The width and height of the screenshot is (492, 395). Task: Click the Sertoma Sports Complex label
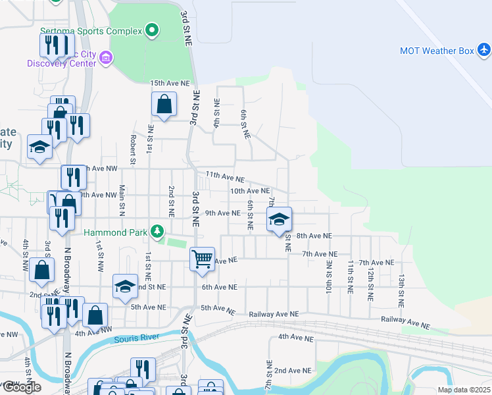click(91, 31)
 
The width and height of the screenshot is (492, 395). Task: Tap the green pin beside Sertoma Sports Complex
click(153, 30)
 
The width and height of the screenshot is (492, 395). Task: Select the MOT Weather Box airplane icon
click(484, 49)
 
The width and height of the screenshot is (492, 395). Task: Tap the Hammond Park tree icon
click(157, 231)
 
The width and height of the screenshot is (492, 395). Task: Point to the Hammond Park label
click(116, 232)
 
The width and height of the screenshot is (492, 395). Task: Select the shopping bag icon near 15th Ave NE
click(164, 104)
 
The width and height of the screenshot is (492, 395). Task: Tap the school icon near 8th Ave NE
click(279, 219)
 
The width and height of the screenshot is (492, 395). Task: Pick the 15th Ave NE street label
click(170, 84)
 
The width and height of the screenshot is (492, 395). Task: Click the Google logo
click(22, 388)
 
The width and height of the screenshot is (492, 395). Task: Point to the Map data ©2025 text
click(464, 390)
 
